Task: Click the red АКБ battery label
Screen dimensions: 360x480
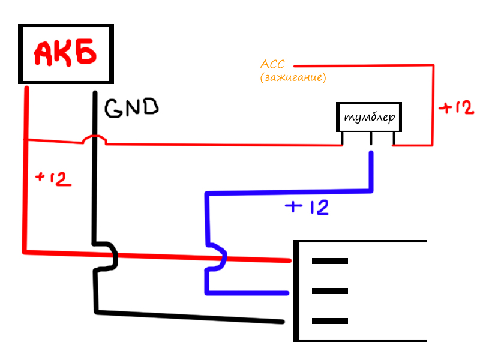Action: [65, 54]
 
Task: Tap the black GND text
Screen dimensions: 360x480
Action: [131, 108]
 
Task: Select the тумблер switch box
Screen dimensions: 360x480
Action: [368, 117]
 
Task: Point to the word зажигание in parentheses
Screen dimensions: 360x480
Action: [293, 78]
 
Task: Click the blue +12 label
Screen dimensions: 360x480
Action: [307, 208]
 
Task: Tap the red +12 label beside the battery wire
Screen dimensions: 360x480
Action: [54, 179]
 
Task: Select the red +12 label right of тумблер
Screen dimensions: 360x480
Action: [456, 108]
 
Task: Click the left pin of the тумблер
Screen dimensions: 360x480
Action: [343, 139]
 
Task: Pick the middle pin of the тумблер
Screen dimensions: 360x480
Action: [371, 139]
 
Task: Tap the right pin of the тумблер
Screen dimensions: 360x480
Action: [394, 139]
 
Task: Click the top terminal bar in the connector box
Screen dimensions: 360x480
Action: [329, 261]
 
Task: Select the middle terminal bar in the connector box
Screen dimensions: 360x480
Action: [329, 291]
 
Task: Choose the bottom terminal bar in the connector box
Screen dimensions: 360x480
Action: [329, 321]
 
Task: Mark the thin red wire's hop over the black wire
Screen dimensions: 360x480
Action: [94, 139]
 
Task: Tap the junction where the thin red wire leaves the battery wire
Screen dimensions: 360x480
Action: [25, 140]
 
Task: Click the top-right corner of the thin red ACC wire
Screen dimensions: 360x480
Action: [432, 65]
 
